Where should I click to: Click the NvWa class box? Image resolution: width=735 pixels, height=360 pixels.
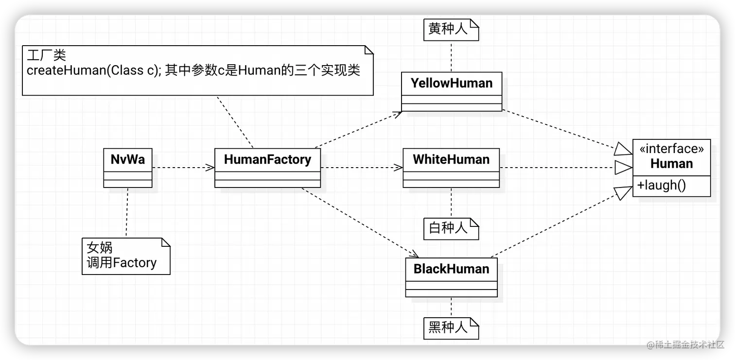pos(128,168)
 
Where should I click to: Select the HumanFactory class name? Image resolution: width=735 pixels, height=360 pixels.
pos(267,160)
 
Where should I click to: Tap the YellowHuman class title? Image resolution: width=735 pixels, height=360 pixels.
pos(452,83)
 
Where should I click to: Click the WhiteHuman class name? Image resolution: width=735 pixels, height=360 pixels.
pos(451,160)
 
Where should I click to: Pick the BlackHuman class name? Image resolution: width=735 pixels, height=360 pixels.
pos(451,269)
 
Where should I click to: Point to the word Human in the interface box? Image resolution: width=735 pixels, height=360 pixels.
pos(671,164)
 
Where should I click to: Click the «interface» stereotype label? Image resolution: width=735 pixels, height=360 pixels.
pos(671,148)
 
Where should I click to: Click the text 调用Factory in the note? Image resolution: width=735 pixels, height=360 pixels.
pos(122,263)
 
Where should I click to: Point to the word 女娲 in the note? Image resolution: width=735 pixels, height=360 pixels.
pos(100,248)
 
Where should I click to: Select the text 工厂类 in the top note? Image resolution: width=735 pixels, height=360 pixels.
pos(47,55)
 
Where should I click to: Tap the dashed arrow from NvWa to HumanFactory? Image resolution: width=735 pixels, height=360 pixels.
pos(183,168)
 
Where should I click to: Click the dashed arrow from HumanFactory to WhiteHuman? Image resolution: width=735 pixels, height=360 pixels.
pos(362,168)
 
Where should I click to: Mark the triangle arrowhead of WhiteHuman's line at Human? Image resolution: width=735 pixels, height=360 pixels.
pos(624,168)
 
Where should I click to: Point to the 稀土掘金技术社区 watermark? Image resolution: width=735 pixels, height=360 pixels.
pos(685,344)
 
